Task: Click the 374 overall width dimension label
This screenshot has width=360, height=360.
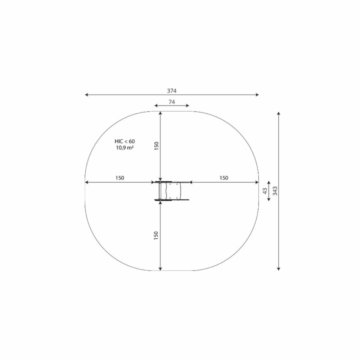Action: (x=172, y=91)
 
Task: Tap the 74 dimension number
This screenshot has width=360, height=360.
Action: (x=172, y=102)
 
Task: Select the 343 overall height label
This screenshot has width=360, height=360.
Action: (x=275, y=191)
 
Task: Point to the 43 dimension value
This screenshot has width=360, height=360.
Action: (x=265, y=191)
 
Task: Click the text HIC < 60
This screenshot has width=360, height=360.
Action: (x=125, y=142)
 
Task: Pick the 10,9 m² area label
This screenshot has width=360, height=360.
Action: (x=125, y=148)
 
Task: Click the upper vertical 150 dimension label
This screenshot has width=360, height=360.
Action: (x=156, y=146)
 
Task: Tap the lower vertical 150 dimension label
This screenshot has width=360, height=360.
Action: (x=156, y=236)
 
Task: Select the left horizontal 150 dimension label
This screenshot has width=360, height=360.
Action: (x=120, y=178)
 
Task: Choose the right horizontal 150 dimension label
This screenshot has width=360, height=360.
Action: (x=224, y=178)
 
